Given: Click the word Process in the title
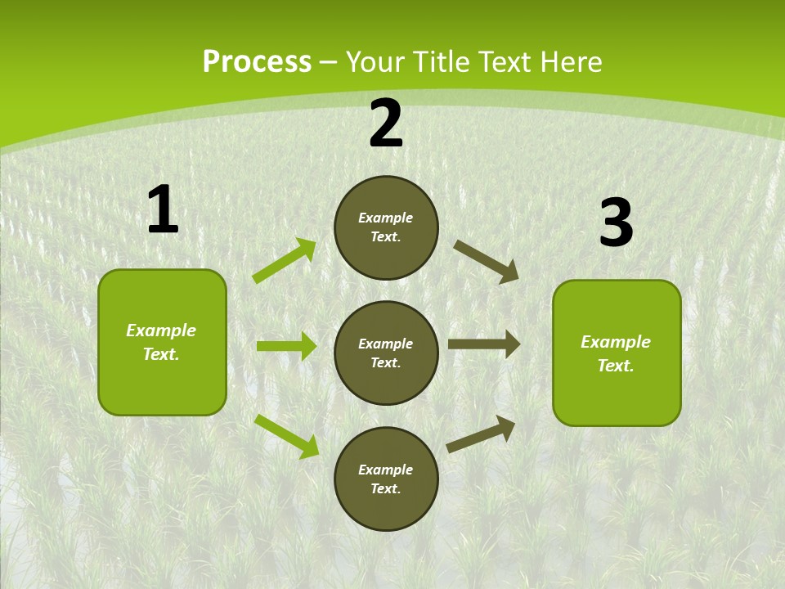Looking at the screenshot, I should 257,62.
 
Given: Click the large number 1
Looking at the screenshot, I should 163,210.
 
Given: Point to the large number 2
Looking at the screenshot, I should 386,124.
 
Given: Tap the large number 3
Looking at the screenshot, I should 616,223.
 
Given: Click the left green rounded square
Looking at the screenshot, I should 162,342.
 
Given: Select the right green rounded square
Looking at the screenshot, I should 617,353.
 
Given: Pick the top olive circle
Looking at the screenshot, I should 386,227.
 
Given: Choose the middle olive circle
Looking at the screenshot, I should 386,353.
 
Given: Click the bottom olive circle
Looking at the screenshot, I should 386,479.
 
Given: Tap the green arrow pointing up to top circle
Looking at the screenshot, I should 285,261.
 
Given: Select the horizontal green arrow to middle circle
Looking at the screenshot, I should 286,346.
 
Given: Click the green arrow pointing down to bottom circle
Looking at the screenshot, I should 287,436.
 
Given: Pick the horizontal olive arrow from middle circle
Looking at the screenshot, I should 484,344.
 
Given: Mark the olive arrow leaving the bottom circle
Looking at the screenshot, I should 482,434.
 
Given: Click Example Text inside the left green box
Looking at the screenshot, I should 161,342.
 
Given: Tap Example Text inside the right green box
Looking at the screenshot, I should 616,353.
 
